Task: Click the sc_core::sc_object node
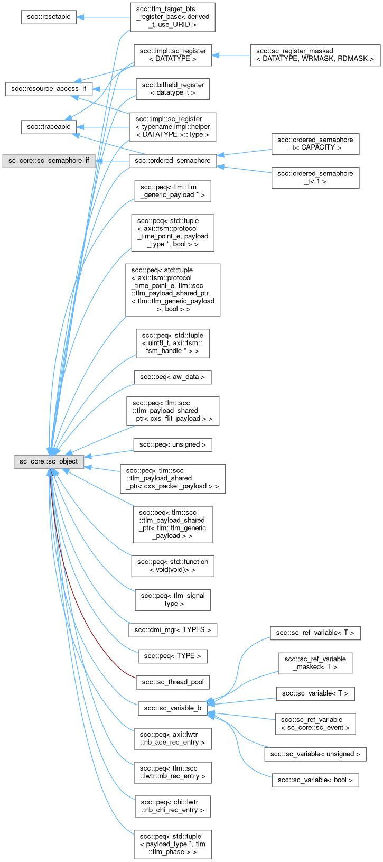(x=49, y=461)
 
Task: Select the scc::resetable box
(x=49, y=16)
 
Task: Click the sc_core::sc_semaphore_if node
(x=49, y=160)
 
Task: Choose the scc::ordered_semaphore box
(x=173, y=160)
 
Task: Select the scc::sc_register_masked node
(x=315, y=55)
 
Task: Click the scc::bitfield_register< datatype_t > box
(x=173, y=89)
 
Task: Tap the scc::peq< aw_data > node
(x=173, y=377)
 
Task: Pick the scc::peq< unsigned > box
(x=173, y=444)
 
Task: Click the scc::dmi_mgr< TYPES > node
(x=173, y=630)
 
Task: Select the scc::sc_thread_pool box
(x=173, y=682)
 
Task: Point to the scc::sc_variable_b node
(x=173, y=708)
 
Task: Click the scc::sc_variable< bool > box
(x=315, y=780)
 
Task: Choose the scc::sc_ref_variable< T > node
(x=315, y=633)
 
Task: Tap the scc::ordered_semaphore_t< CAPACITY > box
(x=315, y=144)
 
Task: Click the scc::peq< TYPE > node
(x=173, y=656)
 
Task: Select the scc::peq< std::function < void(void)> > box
(x=173, y=566)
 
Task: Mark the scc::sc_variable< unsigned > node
(x=315, y=754)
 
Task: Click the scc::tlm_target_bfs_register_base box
(x=173, y=17)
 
